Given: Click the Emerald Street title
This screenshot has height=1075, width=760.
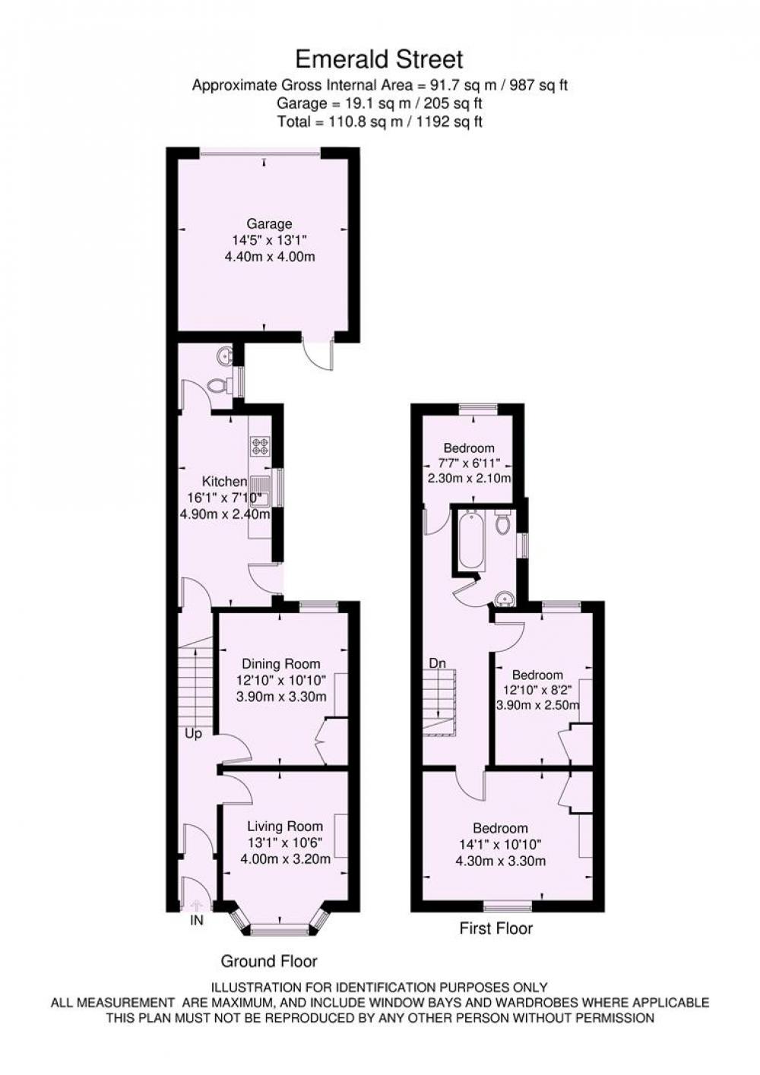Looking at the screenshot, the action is point(378,59).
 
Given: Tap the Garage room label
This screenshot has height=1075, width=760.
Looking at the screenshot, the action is point(269,223).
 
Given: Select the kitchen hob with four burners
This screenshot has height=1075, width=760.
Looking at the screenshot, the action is point(260,446).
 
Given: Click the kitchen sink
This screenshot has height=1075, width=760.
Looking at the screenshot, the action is point(259,491).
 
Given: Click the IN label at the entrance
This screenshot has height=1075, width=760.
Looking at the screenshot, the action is point(197,920).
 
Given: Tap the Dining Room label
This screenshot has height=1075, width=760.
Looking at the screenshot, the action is point(281,664).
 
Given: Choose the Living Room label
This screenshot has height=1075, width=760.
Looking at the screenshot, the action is point(285,826).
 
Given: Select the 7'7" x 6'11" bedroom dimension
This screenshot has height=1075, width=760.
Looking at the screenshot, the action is point(469,463).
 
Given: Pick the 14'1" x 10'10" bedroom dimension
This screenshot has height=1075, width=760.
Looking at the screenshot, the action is point(500,844).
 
